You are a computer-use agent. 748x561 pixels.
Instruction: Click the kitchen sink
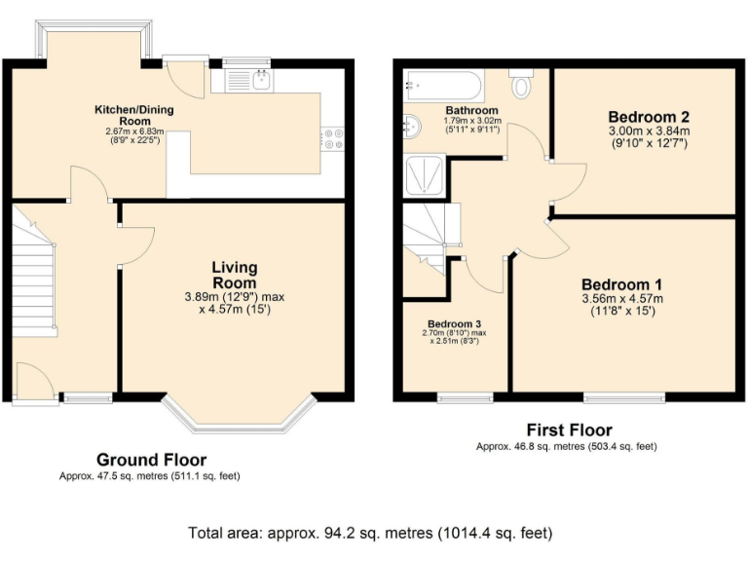248,80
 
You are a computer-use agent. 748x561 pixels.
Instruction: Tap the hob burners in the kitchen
333,139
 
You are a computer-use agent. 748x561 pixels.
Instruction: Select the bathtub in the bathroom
443,88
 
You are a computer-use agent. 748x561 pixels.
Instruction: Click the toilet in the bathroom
522,85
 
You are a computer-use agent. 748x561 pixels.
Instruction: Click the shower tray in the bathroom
425,174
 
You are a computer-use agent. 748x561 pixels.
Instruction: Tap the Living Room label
235,275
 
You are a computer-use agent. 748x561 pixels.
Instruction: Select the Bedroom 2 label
648,115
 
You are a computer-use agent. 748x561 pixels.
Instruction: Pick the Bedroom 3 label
454,323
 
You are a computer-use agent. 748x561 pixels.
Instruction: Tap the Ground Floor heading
151,460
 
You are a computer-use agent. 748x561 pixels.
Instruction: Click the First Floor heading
569,430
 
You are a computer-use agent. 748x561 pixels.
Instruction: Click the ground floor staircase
35,282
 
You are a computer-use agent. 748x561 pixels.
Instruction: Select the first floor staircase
424,234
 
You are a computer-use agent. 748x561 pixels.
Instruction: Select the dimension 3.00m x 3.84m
648,131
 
